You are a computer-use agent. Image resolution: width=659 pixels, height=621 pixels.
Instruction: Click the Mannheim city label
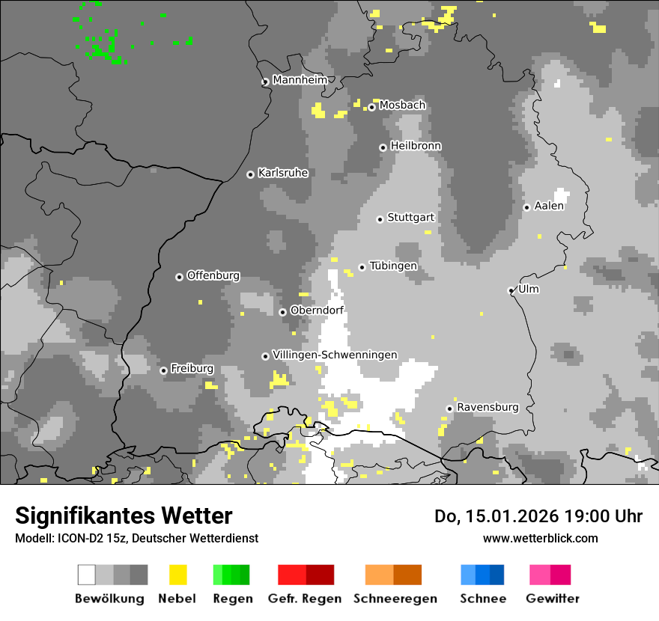300,80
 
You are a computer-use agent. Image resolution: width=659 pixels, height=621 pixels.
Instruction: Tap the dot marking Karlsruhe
250,174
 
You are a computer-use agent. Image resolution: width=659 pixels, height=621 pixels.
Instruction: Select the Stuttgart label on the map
410,218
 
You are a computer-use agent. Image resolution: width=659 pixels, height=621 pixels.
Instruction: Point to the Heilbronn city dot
383,147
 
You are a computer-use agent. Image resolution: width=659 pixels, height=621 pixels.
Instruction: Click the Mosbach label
402,105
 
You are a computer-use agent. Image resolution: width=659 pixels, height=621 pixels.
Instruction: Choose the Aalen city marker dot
526,207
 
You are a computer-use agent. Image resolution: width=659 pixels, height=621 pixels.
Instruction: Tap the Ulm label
528,290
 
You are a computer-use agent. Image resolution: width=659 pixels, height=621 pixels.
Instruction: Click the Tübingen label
393,266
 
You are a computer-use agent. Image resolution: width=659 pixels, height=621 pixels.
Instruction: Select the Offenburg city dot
179,277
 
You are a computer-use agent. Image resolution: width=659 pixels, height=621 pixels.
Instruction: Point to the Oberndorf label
317,310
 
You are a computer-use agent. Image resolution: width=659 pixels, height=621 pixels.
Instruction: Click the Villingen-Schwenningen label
335,355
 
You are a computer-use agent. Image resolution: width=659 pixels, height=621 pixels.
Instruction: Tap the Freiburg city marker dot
163,370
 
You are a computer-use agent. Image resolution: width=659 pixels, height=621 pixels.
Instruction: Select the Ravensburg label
488,407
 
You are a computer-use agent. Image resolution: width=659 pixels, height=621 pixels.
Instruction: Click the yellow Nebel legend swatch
177,575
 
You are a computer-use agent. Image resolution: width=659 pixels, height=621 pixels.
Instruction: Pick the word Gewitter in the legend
553,599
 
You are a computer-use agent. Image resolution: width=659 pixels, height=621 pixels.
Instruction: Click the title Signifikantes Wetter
124,516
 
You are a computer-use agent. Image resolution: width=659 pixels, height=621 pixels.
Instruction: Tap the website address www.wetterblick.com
540,538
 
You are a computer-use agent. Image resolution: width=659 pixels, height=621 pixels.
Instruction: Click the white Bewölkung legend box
86,575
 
